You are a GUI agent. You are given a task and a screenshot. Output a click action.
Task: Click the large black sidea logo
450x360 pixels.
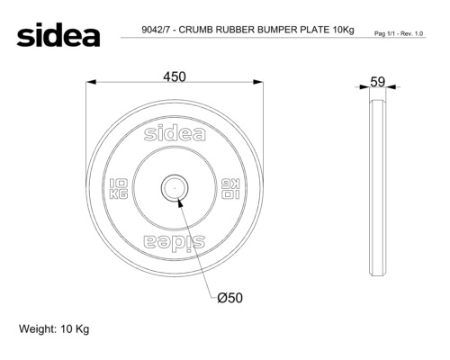[58, 35]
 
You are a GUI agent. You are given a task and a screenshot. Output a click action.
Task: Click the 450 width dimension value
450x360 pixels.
[175, 76]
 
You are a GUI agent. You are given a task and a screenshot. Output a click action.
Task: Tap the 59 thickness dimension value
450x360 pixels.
[377, 82]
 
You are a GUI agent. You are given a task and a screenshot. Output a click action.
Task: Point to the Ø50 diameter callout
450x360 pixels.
[229, 298]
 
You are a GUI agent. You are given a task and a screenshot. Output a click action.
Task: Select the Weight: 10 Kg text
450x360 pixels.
[54, 329]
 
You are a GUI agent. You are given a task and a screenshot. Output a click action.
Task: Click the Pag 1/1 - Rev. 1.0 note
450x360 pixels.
[399, 33]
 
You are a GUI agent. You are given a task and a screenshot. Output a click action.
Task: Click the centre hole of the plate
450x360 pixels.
[175, 188]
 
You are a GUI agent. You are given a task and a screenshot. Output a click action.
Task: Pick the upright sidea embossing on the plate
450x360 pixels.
[175, 133]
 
